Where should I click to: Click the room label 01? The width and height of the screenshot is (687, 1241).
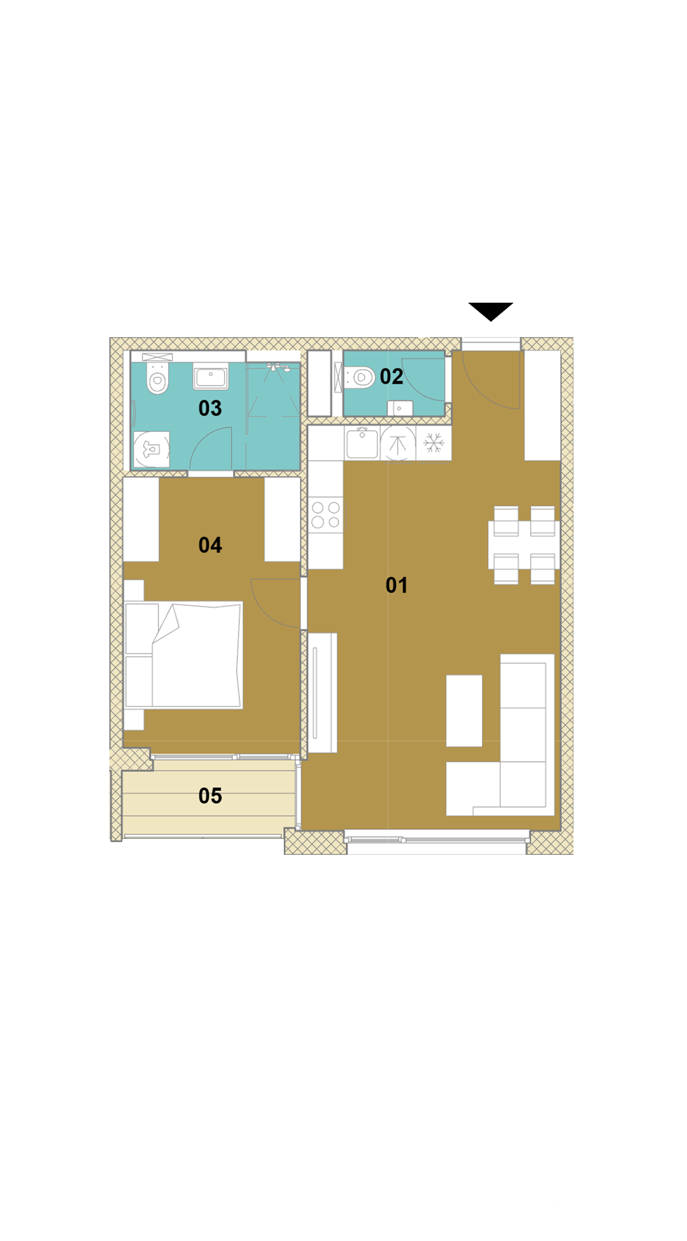397,585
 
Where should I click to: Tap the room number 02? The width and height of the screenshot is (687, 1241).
391,376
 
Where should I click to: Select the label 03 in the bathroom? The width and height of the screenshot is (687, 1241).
210,408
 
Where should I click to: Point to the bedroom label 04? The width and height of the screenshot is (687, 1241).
210,545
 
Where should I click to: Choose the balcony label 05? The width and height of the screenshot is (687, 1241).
210,795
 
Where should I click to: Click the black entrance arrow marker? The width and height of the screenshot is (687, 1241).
491,311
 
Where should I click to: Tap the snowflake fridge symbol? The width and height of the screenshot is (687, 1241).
434,443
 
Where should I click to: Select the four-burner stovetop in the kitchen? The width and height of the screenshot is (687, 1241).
326,514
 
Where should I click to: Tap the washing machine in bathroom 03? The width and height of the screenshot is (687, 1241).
151,449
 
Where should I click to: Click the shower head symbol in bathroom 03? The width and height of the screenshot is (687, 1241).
277,368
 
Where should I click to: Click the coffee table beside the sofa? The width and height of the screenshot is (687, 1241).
464,711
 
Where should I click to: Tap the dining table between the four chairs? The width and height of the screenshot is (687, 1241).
523,545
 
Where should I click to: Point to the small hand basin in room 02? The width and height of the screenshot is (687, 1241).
400,408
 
